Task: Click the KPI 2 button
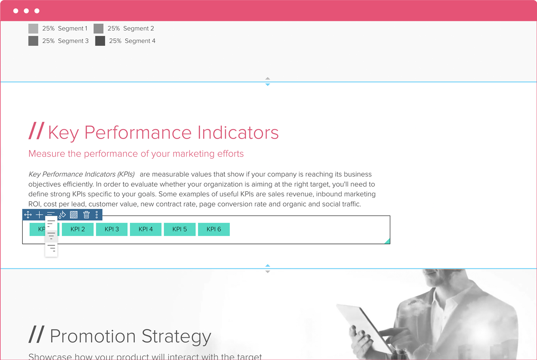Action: (78, 229)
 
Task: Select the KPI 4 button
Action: (145, 229)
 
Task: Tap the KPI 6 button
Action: (214, 229)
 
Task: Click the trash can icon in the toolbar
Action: (86, 215)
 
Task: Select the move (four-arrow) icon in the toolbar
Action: (28, 215)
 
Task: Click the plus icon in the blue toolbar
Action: (39, 215)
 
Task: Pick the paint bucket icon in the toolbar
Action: (62, 215)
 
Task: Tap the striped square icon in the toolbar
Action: (74, 215)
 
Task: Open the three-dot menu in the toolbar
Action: (97, 215)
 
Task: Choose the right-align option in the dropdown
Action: (51, 248)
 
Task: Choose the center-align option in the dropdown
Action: (51, 236)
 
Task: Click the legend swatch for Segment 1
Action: (33, 28)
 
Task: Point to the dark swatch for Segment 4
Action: (100, 41)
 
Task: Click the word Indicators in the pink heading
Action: (238, 133)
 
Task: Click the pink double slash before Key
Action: (36, 131)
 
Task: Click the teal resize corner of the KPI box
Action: (387, 241)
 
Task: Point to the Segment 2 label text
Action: (138, 28)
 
